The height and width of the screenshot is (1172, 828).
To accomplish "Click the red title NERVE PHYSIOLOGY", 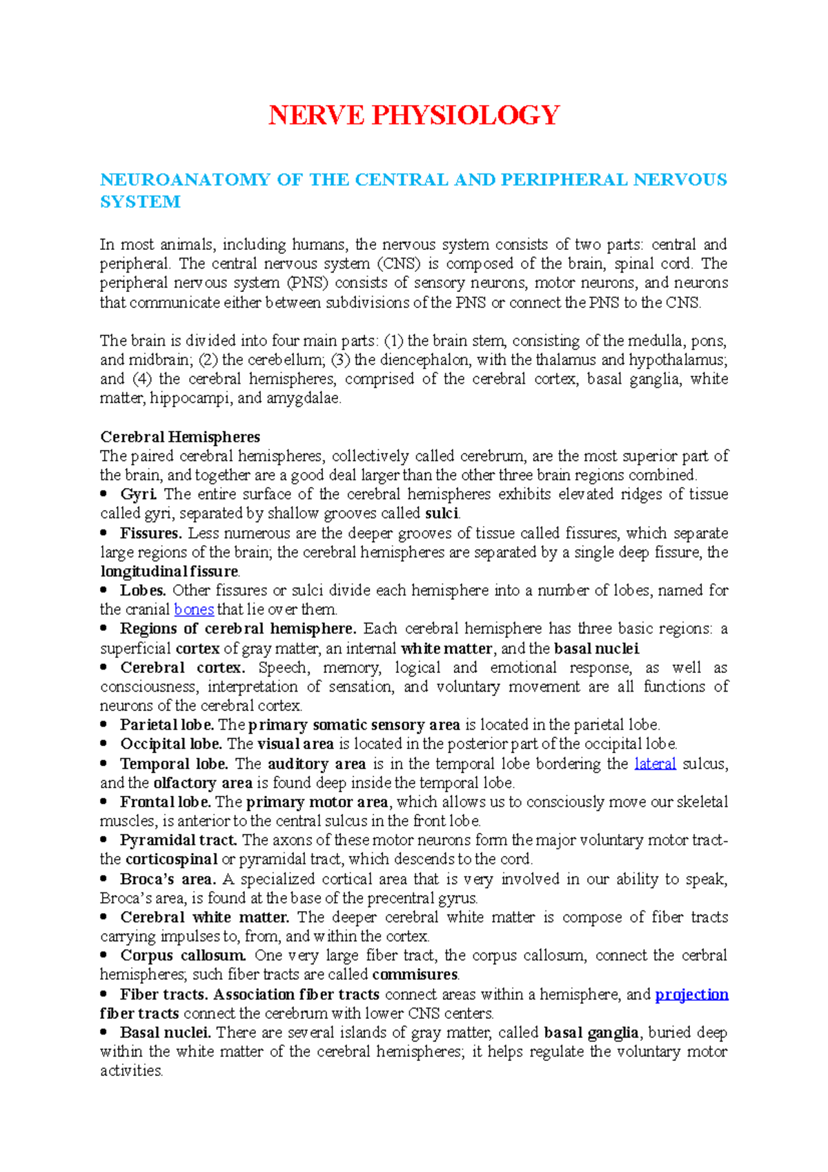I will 414,115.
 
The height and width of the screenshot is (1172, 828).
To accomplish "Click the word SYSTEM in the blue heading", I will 140,202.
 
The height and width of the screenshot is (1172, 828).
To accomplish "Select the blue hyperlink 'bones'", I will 194,609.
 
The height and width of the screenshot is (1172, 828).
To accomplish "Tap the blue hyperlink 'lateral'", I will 655,763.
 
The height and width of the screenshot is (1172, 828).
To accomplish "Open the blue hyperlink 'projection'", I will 691,994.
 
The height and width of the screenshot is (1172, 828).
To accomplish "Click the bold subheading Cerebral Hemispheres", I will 180,437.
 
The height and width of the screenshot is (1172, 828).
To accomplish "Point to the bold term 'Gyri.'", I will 139,494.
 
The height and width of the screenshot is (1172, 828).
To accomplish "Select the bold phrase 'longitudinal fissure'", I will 169,572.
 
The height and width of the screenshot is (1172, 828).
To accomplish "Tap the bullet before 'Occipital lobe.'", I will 104,744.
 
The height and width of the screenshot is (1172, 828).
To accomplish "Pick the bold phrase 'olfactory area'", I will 203,783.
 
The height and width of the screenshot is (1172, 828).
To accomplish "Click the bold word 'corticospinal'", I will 171,859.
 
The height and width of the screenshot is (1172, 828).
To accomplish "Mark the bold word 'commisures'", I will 415,975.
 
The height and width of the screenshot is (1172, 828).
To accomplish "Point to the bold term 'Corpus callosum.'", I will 183,955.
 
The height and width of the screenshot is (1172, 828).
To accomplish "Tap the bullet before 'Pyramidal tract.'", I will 104,840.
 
